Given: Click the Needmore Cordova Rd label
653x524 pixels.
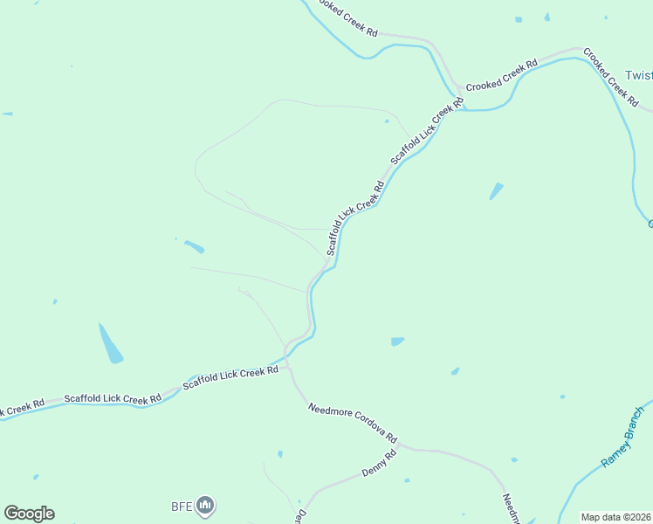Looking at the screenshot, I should pyautogui.click(x=353, y=423).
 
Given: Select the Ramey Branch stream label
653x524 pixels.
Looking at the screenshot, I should pyautogui.click(x=622, y=435).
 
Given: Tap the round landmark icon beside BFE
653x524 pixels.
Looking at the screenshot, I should pyautogui.click(x=205, y=505).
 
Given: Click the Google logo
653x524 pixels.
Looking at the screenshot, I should pyautogui.click(x=29, y=514).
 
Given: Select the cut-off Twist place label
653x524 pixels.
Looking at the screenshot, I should pyautogui.click(x=639, y=76).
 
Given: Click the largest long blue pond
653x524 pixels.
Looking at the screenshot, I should pyautogui.click(x=110, y=344).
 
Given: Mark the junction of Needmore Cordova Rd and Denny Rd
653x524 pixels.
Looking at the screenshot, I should pyautogui.click(x=402, y=448).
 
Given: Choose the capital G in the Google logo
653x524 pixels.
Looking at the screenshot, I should pyautogui.click(x=12, y=514).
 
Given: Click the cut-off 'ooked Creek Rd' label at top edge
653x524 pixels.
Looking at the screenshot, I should pyautogui.click(x=347, y=17).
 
